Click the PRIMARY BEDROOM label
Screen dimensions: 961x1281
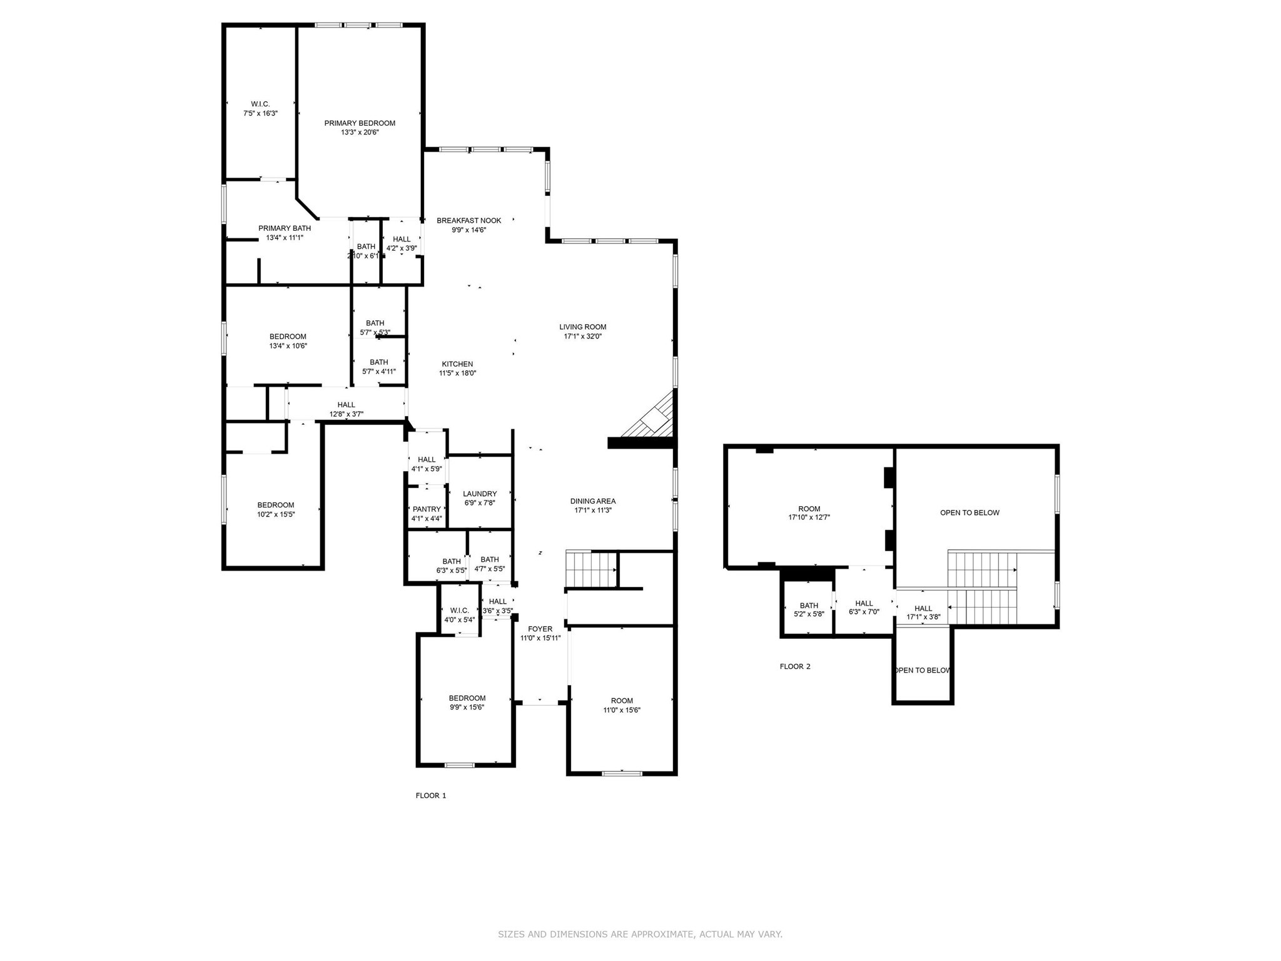(360, 123)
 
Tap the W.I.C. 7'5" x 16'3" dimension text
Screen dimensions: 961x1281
(260, 113)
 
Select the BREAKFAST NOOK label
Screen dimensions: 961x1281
(468, 220)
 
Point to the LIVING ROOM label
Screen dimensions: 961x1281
(582, 327)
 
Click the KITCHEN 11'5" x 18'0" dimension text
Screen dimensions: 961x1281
(457, 373)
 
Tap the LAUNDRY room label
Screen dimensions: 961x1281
(480, 494)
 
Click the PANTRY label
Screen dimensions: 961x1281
(427, 509)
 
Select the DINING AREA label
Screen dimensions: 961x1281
(592, 501)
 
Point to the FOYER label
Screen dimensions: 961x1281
(540, 629)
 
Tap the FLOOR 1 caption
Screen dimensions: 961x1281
(431, 795)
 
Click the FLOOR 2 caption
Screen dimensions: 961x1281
(794, 666)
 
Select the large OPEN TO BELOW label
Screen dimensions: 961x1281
(970, 512)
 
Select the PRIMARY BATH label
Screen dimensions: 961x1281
(285, 228)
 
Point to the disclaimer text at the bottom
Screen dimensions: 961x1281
(640, 934)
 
